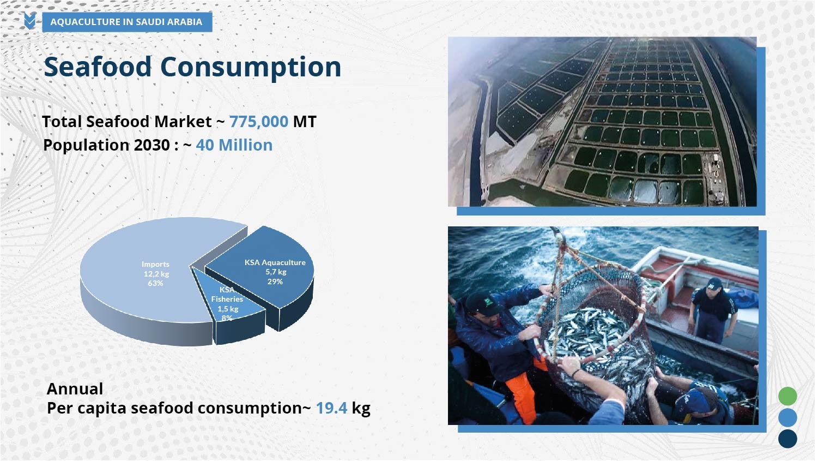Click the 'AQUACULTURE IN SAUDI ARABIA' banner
(x=127, y=22)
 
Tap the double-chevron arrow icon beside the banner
(x=30, y=21)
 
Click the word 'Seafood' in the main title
(x=98, y=67)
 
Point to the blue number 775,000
(x=259, y=122)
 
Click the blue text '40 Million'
(x=234, y=145)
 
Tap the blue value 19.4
(x=331, y=408)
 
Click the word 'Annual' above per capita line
(x=75, y=388)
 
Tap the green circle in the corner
(x=787, y=396)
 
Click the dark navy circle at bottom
(x=787, y=439)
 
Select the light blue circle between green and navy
(x=787, y=417)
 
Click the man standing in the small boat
(x=712, y=311)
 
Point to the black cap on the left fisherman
(x=484, y=303)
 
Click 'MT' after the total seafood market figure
(x=305, y=122)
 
